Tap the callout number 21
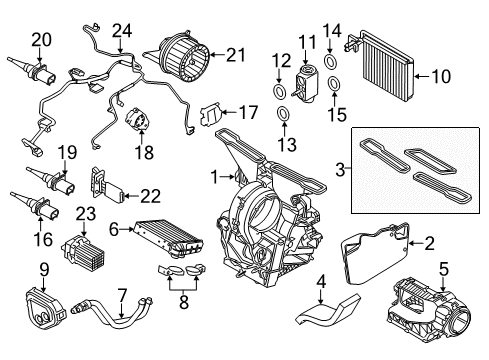pyautogui.click(x=235, y=54)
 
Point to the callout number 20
pyautogui.click(x=40, y=39)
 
